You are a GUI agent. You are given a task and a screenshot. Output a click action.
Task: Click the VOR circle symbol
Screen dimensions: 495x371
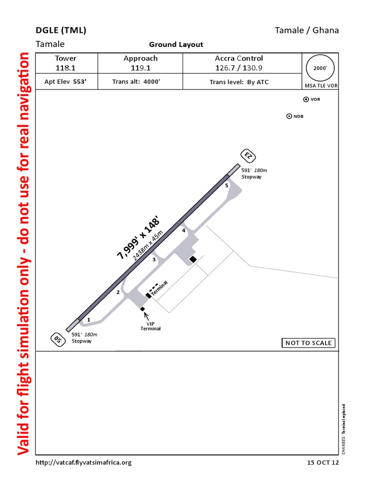pyautogui.click(x=306, y=99)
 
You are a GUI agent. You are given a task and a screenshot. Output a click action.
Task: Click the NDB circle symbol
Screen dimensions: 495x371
pyautogui.click(x=289, y=116)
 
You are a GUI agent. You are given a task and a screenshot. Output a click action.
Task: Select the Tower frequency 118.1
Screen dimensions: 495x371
pyautogui.click(x=66, y=68)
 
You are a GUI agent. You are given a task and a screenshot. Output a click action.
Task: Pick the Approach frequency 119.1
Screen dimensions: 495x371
pyautogui.click(x=141, y=68)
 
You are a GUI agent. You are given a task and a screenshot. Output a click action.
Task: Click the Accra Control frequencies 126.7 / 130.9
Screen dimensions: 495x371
pyautogui.click(x=239, y=68)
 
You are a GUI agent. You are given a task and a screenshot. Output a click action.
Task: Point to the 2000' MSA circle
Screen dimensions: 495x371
pyautogui.click(x=320, y=68)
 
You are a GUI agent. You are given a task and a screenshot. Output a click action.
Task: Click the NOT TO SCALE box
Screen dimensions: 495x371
pyautogui.click(x=309, y=343)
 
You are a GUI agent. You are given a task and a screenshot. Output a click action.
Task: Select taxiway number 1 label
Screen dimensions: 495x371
pyautogui.click(x=89, y=320)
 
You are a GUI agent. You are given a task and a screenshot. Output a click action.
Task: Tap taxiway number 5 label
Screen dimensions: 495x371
pyautogui.click(x=227, y=185)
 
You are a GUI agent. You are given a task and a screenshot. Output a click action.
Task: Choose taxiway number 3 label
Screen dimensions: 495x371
pyautogui.click(x=154, y=260)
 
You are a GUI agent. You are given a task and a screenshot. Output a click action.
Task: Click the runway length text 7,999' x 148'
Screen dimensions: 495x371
pyautogui.click(x=137, y=238)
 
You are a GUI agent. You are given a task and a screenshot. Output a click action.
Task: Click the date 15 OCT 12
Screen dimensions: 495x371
pyautogui.click(x=323, y=463)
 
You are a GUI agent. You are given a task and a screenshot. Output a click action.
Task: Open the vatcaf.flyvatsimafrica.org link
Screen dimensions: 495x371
pyautogui.click(x=84, y=463)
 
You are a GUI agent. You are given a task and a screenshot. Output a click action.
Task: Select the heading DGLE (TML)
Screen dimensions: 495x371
pyautogui.click(x=61, y=30)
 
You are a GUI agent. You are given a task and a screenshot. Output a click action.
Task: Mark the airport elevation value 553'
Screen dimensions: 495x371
pyautogui.click(x=80, y=82)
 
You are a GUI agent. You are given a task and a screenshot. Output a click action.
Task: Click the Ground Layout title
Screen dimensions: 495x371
pyautogui.click(x=176, y=44)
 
